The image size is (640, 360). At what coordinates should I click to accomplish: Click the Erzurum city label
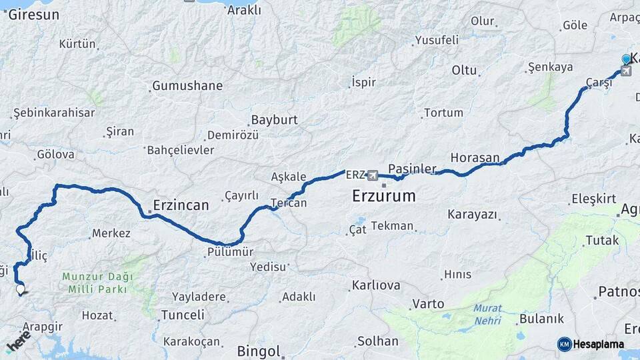(383, 197)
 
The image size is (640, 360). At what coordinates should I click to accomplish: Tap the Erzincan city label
(181, 205)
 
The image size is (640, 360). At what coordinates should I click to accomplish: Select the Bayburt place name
(273, 120)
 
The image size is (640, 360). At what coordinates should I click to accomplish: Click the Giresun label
(35, 15)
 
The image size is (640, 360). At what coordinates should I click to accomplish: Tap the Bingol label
(259, 351)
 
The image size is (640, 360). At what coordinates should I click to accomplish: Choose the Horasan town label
(475, 158)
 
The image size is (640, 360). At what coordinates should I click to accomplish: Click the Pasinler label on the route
(412, 169)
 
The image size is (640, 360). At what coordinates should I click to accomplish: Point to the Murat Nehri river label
(488, 314)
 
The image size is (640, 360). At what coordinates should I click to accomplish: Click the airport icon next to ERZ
(372, 175)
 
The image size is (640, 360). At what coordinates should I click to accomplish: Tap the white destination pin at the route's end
(21, 290)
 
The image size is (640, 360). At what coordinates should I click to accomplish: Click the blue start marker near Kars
(626, 59)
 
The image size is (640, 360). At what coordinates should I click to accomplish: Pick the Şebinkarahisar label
(54, 113)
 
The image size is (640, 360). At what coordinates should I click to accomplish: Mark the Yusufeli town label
(437, 40)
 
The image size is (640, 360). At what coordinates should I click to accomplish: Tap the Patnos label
(619, 291)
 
